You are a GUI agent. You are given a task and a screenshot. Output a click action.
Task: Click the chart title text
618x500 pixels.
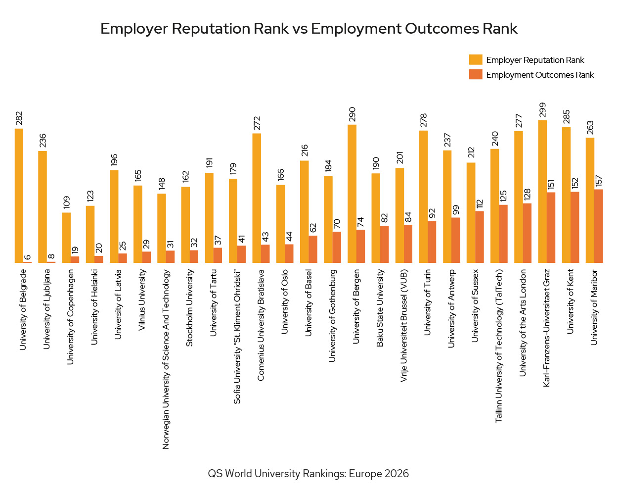(x=309, y=29)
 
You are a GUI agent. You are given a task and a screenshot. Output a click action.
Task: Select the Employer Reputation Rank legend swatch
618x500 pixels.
(x=475, y=60)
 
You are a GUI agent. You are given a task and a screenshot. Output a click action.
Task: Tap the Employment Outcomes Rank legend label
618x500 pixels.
(x=540, y=75)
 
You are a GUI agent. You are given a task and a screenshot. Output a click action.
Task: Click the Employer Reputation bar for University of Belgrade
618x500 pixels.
(x=19, y=196)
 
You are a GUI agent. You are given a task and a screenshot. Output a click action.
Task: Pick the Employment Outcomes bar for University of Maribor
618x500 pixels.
(x=598, y=226)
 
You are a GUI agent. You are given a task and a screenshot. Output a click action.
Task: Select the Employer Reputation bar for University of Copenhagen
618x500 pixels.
(x=66, y=238)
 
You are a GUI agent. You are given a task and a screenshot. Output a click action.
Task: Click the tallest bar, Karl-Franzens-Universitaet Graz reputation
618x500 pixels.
(x=542, y=191)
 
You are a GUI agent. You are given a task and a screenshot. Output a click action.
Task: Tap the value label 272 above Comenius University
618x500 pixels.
(x=257, y=123)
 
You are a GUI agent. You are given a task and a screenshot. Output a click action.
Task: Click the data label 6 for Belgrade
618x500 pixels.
(x=28, y=257)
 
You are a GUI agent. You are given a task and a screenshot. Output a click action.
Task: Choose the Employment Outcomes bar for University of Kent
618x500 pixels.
(x=574, y=227)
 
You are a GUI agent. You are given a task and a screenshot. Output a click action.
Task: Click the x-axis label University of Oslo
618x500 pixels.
(x=285, y=301)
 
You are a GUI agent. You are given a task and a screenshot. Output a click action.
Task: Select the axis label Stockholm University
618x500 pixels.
(x=189, y=308)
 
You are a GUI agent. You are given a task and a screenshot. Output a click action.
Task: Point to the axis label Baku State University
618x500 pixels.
(x=380, y=308)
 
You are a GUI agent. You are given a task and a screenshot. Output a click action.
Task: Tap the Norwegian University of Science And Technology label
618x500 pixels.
(x=166, y=359)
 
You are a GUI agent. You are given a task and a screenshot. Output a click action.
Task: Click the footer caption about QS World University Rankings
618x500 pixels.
(x=309, y=474)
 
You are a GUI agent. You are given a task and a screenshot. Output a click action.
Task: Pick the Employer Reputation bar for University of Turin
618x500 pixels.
(x=423, y=197)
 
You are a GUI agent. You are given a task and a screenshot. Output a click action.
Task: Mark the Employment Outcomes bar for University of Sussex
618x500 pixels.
(x=480, y=237)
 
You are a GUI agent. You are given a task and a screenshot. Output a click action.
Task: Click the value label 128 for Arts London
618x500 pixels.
(x=527, y=195)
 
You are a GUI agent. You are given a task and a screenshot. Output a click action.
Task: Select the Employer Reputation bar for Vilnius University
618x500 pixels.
(x=138, y=224)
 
